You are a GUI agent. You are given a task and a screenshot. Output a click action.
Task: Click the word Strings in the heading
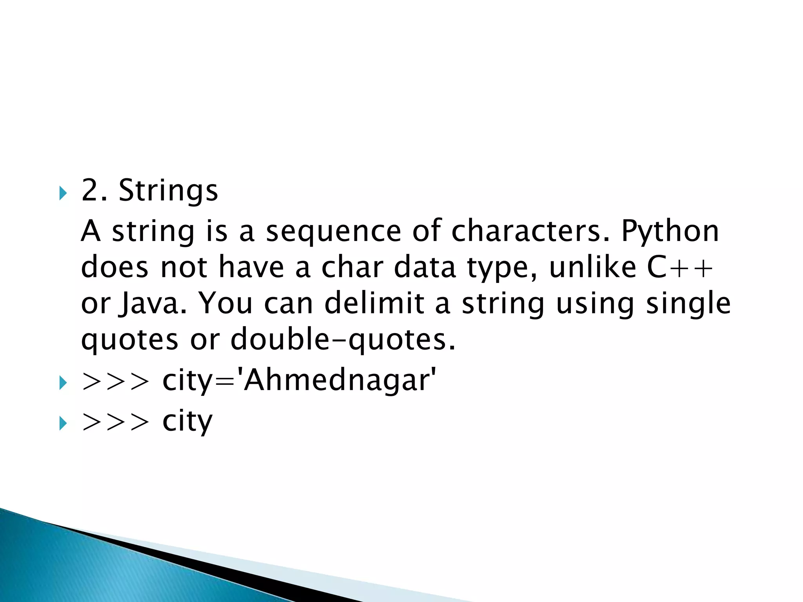point(168,191)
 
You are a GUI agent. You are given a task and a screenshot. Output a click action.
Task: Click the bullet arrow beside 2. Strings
point(63,193)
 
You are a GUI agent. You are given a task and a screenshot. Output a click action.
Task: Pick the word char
point(352,267)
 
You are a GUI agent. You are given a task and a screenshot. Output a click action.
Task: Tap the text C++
point(679,267)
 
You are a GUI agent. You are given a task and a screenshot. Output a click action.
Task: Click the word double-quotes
point(343,339)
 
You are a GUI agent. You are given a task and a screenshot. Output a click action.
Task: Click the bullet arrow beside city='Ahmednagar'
point(63,383)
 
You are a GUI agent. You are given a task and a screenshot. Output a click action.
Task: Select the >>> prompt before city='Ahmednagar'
point(116,381)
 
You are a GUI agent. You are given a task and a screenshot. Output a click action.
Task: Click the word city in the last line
point(187,422)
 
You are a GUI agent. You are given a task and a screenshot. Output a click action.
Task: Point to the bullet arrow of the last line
point(63,424)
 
